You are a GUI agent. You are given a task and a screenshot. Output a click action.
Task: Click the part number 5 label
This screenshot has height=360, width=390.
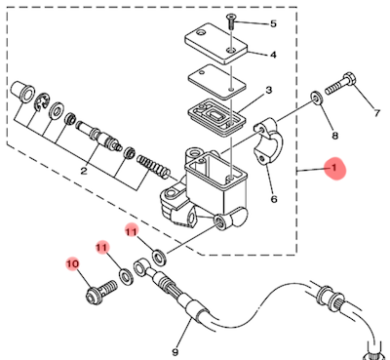273,23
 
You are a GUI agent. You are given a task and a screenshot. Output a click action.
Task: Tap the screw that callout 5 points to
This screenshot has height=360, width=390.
231,22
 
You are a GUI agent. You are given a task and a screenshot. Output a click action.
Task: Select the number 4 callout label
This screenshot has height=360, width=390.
273,55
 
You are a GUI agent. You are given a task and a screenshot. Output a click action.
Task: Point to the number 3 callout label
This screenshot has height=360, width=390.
269,90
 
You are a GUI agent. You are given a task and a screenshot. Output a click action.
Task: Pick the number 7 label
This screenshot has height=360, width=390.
376,113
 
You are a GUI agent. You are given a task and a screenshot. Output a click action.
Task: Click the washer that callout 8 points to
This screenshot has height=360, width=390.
317,98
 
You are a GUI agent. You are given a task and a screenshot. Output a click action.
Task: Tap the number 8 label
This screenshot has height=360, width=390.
334,136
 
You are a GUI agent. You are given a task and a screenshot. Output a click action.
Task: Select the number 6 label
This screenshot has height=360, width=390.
274,199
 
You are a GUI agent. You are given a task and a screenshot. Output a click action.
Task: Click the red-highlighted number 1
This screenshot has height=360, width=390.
333,168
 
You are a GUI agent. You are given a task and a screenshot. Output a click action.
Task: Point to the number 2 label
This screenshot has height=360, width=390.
84,171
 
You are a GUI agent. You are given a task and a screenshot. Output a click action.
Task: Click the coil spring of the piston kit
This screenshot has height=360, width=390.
153,165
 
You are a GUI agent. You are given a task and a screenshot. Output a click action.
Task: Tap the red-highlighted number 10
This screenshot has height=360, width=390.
73,263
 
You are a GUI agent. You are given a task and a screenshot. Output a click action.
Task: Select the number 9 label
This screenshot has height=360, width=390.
175,352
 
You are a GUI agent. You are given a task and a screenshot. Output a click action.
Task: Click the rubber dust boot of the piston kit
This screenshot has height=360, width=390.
22,91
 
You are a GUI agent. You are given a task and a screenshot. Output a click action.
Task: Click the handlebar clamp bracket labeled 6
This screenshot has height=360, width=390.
268,140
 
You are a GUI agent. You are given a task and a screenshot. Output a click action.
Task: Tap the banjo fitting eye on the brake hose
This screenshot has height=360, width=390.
141,267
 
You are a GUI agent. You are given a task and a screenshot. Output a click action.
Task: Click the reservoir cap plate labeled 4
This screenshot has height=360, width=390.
216,44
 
